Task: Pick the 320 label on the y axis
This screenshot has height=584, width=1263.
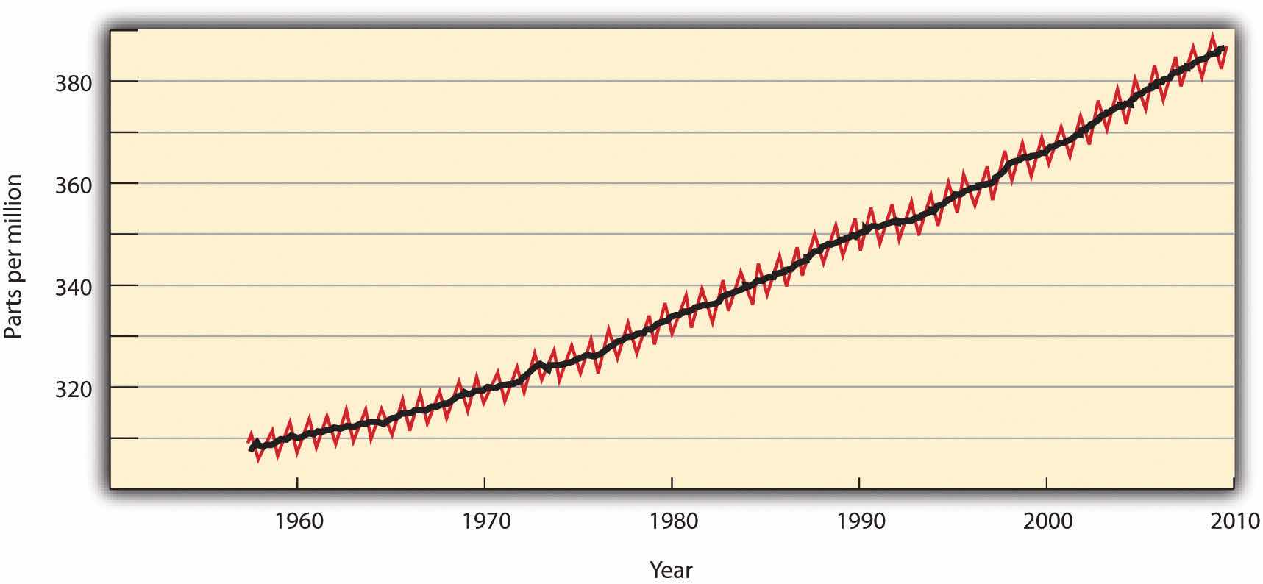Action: [x=74, y=388]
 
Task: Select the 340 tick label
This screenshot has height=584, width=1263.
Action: [x=74, y=287]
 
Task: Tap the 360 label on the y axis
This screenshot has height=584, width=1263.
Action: [x=74, y=185]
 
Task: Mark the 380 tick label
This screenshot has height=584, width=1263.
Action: [x=74, y=83]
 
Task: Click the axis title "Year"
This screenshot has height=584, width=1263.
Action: [x=671, y=570]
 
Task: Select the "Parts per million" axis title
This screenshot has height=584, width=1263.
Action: [x=14, y=257]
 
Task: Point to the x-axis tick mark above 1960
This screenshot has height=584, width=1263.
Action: [x=297, y=482]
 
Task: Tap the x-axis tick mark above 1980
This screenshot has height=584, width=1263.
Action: [x=672, y=482]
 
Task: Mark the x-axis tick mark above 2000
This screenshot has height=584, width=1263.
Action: [x=1046, y=482]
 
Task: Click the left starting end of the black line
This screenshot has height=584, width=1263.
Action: [x=252, y=448]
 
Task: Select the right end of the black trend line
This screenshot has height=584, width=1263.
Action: [x=1223, y=49]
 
